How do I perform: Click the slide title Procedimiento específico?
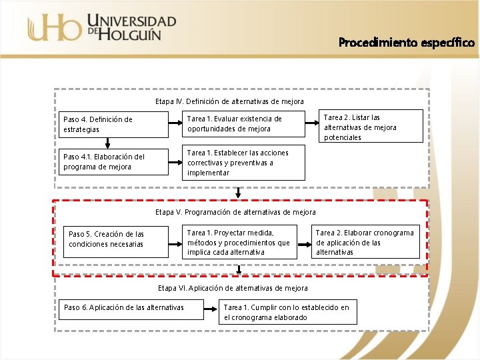tap(407, 43)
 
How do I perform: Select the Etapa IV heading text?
tap(229, 101)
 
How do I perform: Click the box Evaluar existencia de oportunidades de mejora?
tap(243, 124)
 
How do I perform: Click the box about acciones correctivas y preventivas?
tap(243, 163)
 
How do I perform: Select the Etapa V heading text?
tap(235, 212)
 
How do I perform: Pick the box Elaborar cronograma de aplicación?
tap(366, 242)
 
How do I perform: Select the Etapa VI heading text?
tap(233, 288)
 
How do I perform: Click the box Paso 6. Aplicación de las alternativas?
tap(124, 307)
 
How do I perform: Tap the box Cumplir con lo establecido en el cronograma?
tap(287, 312)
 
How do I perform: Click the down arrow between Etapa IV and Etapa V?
tap(239, 193)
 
